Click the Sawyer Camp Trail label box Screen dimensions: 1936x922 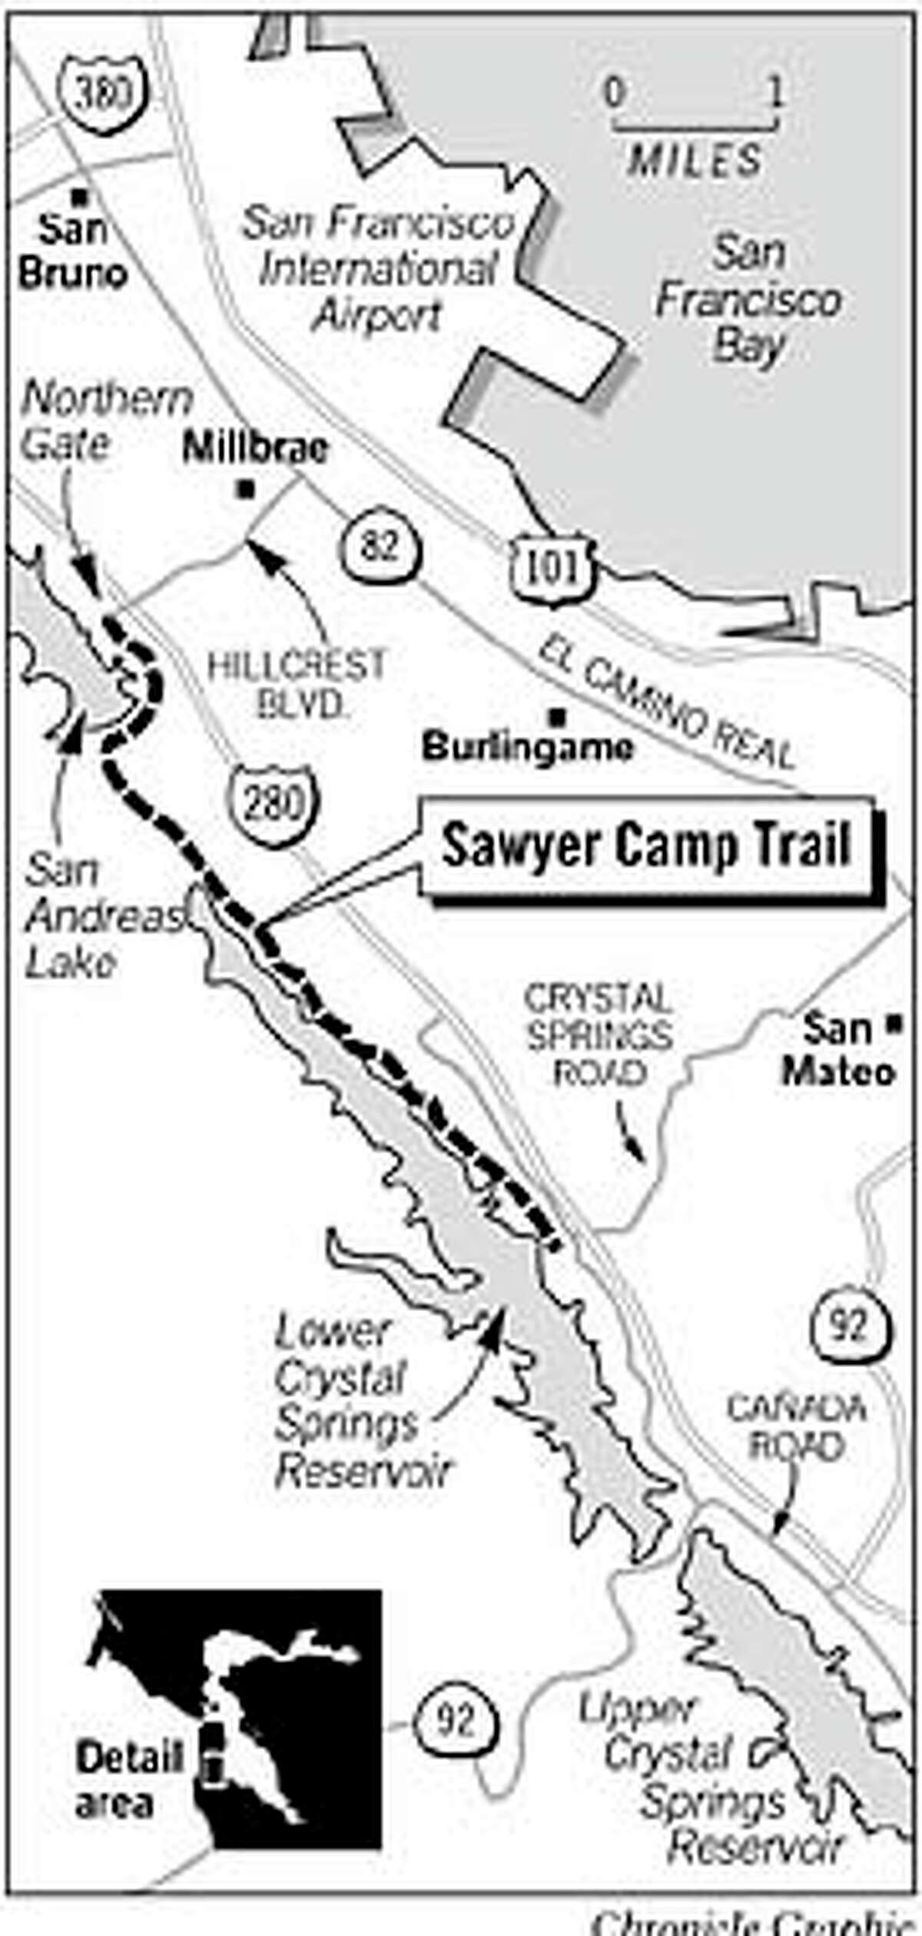click(647, 847)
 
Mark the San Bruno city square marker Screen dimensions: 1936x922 click(78, 197)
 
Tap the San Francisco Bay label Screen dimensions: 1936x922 click(748, 300)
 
